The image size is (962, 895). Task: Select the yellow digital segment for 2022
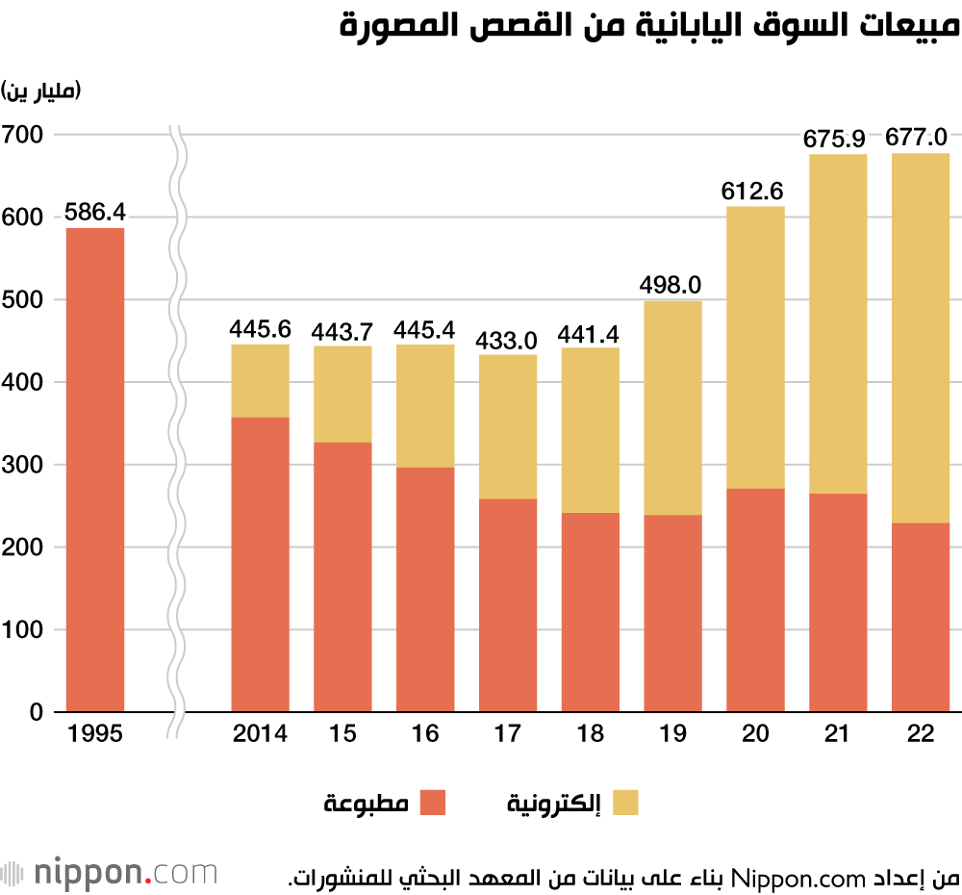pyautogui.click(x=920, y=338)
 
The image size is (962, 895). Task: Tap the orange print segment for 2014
pyautogui.click(x=260, y=564)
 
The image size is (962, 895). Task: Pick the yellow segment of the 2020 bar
pyautogui.click(x=754, y=347)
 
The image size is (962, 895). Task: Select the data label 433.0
pyautogui.click(x=507, y=340)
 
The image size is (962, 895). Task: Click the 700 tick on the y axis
pyautogui.click(x=22, y=135)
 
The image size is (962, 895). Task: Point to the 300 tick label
pyautogui.click(x=22, y=465)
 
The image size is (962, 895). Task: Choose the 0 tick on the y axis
pyautogui.click(x=36, y=712)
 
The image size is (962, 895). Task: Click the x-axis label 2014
pyautogui.click(x=260, y=734)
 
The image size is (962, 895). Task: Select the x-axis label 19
pyautogui.click(x=672, y=734)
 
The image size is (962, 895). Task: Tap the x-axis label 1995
pyautogui.click(x=95, y=734)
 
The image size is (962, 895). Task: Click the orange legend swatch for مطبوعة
pyautogui.click(x=434, y=803)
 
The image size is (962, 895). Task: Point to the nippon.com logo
pyautogui.click(x=110, y=872)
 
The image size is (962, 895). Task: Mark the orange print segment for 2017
pyautogui.click(x=507, y=605)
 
